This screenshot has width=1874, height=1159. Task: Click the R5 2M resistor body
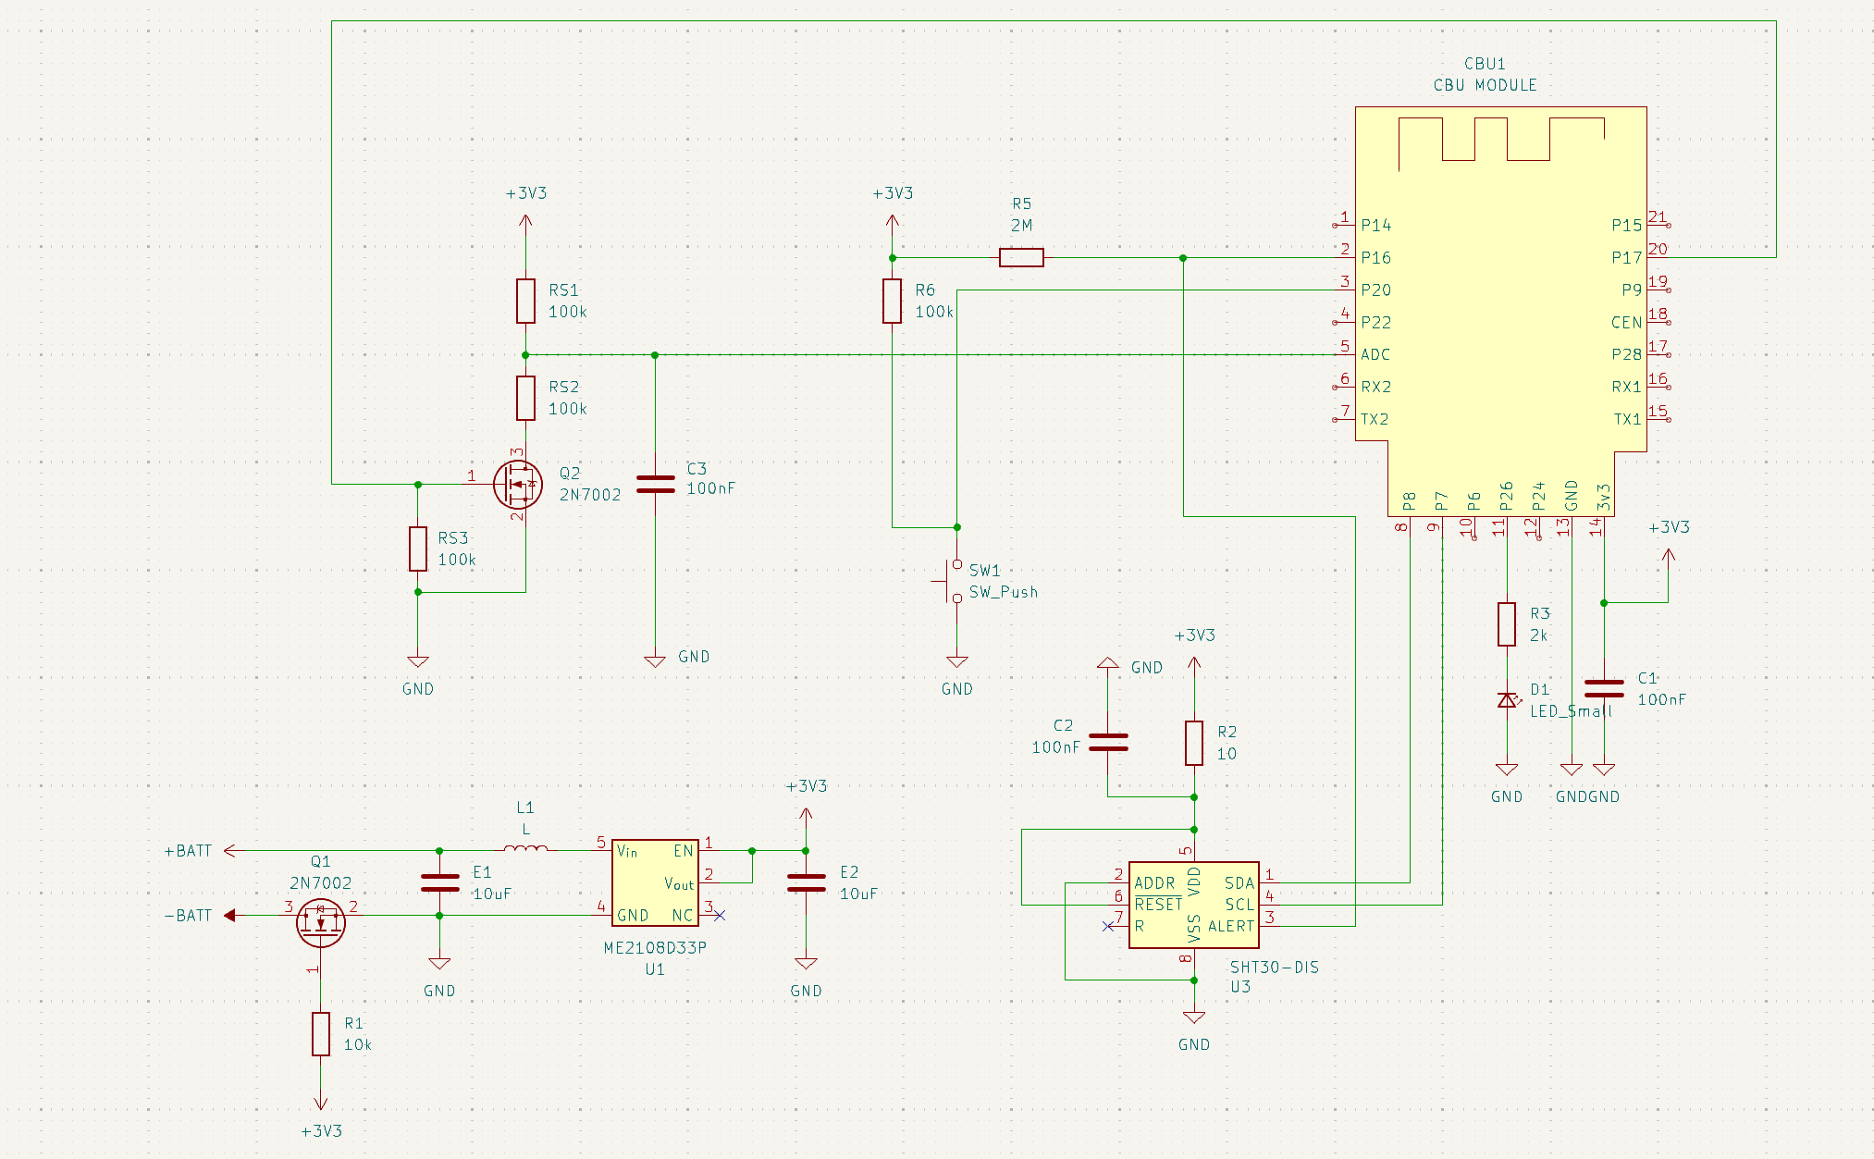click(1021, 257)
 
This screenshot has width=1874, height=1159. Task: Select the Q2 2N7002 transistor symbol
click(518, 484)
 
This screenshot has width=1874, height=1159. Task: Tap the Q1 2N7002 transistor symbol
click(321, 922)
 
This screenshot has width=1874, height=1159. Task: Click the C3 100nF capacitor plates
click(655, 484)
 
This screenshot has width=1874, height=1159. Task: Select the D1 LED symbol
click(1508, 700)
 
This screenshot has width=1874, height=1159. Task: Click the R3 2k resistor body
click(1507, 624)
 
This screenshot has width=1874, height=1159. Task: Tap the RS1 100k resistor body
click(525, 301)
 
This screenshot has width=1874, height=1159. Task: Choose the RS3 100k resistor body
click(418, 549)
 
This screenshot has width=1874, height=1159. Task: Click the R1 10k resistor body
click(321, 1034)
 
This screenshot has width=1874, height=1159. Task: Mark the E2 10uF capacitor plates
click(806, 882)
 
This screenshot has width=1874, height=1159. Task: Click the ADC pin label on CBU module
click(1375, 354)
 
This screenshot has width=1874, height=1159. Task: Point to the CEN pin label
click(1626, 322)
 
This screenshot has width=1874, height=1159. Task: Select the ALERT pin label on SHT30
click(1231, 926)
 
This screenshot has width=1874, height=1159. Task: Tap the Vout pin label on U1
click(679, 884)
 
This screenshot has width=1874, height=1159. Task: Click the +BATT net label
click(188, 851)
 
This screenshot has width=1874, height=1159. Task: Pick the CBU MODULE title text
click(1485, 85)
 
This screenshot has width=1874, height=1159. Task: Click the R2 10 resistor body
click(1194, 743)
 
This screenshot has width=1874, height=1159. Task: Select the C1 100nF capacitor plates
click(1604, 688)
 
